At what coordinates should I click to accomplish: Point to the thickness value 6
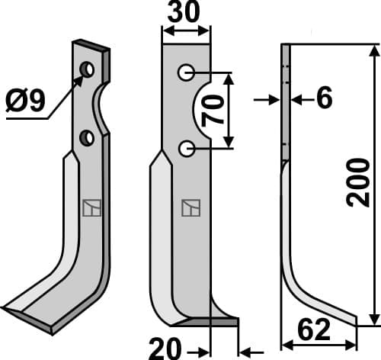click(323, 99)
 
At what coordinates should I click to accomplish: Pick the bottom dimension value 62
click(314, 331)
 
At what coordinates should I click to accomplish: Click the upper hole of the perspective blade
click(88, 70)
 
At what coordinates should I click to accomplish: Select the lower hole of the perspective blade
click(87, 138)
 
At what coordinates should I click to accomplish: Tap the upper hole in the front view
click(185, 73)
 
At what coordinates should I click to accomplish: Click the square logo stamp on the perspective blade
click(91, 207)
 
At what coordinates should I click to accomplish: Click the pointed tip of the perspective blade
click(8, 309)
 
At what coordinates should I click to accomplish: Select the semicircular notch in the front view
click(200, 111)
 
